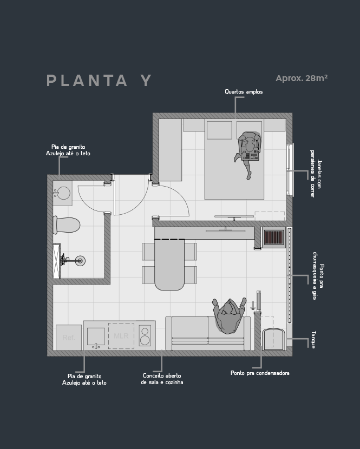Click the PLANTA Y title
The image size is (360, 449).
point(99,81)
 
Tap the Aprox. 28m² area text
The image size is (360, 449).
point(302,78)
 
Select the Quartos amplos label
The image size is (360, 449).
point(244,91)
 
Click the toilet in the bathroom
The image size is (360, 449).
point(66,225)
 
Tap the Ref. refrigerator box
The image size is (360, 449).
point(69,338)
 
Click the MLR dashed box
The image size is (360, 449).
point(121,336)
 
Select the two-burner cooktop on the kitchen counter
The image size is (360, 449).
point(145,335)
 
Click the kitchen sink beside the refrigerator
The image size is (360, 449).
point(96,338)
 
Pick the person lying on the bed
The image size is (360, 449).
point(247,152)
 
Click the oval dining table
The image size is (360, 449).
point(169,265)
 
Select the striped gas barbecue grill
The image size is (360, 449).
point(274,237)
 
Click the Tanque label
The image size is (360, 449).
point(313,340)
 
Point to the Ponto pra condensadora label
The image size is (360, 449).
point(260,373)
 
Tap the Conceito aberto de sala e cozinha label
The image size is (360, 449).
point(162,379)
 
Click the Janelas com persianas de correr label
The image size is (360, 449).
point(316,174)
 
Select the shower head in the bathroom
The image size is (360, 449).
point(80,261)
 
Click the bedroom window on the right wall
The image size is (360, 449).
point(290,170)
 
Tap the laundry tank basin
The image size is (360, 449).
point(274,339)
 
